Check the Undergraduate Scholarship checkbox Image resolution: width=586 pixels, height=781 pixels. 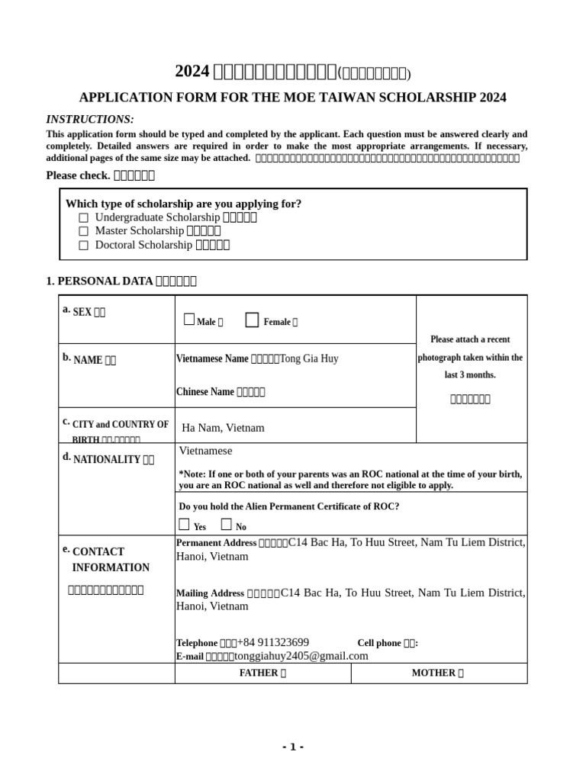pos(84,218)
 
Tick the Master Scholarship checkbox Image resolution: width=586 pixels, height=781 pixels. pos(84,231)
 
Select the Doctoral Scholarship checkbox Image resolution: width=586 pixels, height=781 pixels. pos(84,246)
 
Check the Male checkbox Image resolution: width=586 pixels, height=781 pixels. pos(189,320)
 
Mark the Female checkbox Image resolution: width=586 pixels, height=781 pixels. pos(252,320)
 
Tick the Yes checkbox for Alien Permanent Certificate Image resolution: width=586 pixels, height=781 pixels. pos(184,525)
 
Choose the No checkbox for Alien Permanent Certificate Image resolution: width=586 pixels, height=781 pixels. pos(227,525)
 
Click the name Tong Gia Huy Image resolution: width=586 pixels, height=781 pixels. pos(309,358)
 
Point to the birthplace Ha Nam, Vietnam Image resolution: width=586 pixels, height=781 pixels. pos(223,428)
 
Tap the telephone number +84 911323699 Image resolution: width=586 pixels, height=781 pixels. pos(273,643)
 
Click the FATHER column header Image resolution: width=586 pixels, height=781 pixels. pos(262,673)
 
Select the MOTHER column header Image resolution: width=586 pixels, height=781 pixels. pos(437,673)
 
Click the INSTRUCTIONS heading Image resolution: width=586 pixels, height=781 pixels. pos(90,120)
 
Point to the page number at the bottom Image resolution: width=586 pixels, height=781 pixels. pos(292,747)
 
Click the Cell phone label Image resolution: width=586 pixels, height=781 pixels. pos(387,644)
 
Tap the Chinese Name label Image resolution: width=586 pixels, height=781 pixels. pos(205,392)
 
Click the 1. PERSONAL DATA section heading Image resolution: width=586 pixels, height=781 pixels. pos(121,281)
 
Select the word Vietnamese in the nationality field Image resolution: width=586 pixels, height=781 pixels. pos(205,452)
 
